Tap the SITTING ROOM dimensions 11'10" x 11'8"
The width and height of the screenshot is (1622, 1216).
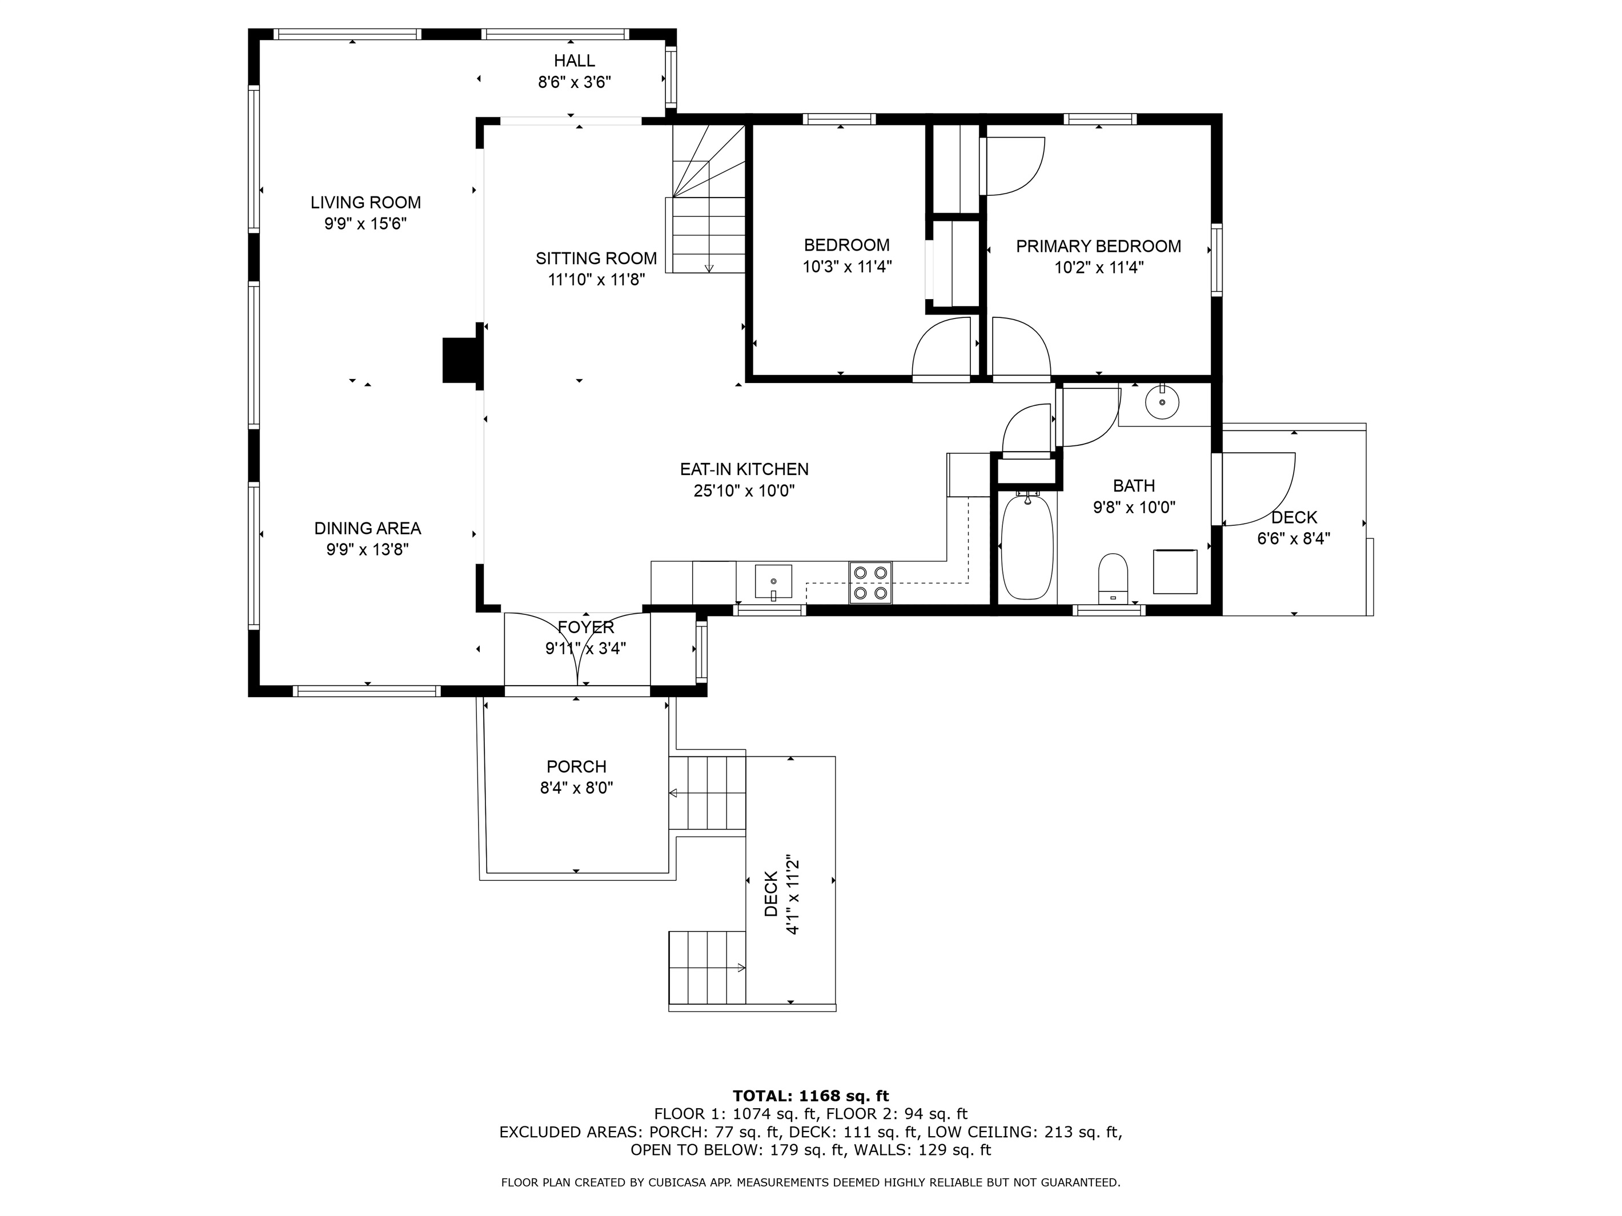596,279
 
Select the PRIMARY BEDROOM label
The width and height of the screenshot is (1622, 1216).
1098,246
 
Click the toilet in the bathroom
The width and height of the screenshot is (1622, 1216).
1113,578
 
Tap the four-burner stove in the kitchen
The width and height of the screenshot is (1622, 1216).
870,583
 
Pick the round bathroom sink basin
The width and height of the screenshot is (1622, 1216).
1162,402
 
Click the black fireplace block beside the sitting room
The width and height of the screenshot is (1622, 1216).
460,360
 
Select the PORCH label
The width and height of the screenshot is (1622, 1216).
576,767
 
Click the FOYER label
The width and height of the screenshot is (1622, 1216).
586,627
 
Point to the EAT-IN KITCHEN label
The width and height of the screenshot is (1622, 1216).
744,469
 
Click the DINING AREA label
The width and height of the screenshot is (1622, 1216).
367,529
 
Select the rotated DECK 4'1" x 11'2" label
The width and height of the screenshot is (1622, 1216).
780,893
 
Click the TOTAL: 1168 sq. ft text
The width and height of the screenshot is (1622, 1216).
810,1116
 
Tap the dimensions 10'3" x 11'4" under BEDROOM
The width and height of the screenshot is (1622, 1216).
847,267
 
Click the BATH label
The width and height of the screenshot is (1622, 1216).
1134,485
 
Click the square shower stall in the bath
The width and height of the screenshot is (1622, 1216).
1175,571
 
